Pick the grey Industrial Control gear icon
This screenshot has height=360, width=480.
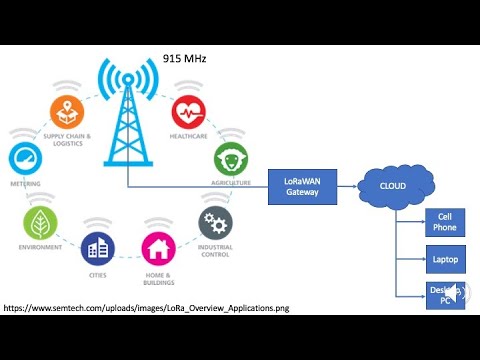(215, 221)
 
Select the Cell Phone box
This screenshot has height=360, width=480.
(444, 222)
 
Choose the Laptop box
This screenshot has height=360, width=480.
(444, 258)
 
